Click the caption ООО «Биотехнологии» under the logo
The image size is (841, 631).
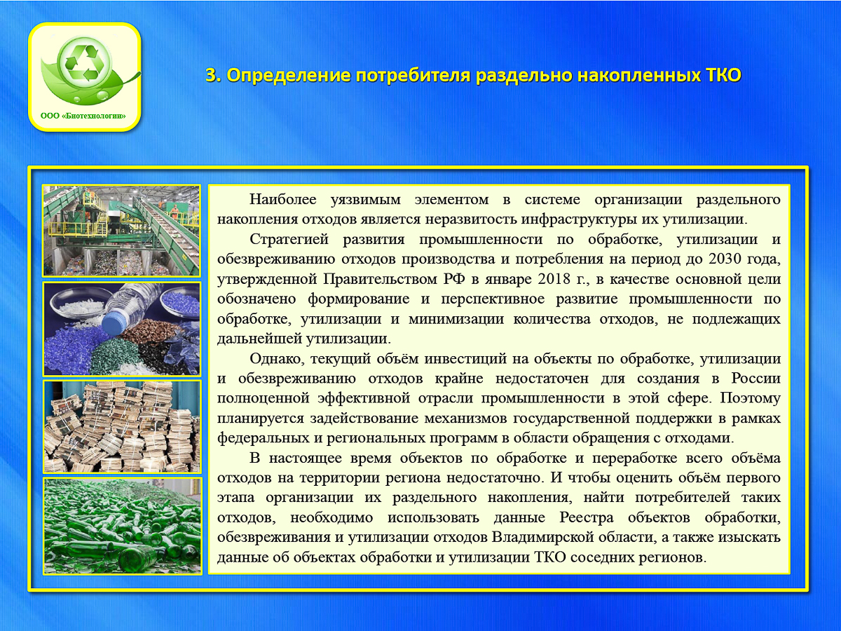point(83,116)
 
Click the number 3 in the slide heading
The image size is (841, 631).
point(211,76)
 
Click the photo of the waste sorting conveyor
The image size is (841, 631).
point(122,231)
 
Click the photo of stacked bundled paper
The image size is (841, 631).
point(122,426)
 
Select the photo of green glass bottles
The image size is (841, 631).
point(122,525)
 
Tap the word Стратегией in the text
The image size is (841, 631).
point(289,239)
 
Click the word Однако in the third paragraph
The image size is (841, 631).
point(277,358)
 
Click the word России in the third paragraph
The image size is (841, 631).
point(756,378)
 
